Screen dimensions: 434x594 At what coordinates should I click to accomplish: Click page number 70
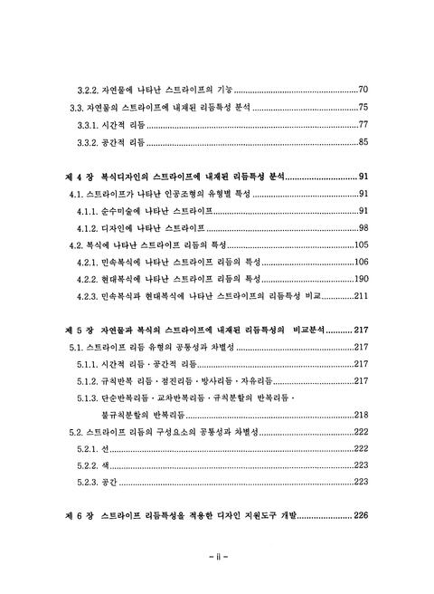point(362,90)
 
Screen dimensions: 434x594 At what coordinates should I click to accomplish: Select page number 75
point(362,107)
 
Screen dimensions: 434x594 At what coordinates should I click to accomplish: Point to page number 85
point(362,142)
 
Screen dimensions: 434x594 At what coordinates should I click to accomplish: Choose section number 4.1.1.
point(90,211)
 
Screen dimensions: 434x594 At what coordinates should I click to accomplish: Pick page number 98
point(362,228)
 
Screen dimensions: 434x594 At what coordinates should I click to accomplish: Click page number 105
point(360,245)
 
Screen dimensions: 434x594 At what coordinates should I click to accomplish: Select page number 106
point(360,263)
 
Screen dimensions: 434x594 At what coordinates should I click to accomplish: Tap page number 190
point(360,279)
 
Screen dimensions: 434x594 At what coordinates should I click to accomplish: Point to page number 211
point(360,296)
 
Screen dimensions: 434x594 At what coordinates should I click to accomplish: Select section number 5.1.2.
point(90,381)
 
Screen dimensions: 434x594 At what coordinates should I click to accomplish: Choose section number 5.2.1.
point(90,450)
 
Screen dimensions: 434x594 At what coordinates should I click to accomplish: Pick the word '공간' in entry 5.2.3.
point(114,484)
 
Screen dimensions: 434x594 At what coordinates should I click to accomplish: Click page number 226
point(360,518)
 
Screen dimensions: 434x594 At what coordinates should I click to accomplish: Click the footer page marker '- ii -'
point(217,554)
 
